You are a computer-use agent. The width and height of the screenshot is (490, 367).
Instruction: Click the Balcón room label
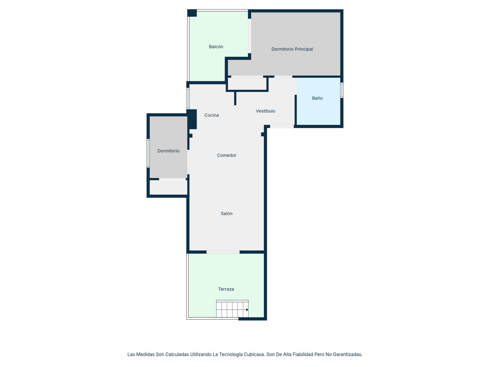(216, 47)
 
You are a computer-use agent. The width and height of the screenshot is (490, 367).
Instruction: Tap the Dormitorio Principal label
(292, 49)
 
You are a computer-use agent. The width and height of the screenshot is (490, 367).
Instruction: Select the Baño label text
(317, 98)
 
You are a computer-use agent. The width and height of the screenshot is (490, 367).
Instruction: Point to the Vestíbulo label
(265, 111)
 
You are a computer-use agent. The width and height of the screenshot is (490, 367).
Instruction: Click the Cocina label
(212, 115)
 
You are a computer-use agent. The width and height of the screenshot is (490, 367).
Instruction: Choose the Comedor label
(227, 155)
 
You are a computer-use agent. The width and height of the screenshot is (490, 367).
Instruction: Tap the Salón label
(226, 214)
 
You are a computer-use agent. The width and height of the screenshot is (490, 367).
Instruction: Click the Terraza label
(226, 289)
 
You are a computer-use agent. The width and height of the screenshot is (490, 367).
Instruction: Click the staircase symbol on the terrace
(232, 309)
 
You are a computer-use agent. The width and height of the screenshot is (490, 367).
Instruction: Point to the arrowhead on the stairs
(247, 310)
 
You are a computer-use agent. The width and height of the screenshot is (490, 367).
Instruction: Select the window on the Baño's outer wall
(342, 90)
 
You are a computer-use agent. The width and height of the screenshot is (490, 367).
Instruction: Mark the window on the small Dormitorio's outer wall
(148, 153)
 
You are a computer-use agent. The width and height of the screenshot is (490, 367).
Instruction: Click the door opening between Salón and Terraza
(223, 252)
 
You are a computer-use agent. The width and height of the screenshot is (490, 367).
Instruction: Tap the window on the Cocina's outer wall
(188, 98)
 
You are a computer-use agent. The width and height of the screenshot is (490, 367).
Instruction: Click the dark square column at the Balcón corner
(192, 13)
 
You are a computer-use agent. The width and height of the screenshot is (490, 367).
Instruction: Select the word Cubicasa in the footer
(254, 354)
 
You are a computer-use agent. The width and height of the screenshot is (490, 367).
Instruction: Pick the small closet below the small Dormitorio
(168, 187)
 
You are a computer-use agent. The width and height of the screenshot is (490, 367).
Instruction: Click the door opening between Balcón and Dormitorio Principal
(249, 36)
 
